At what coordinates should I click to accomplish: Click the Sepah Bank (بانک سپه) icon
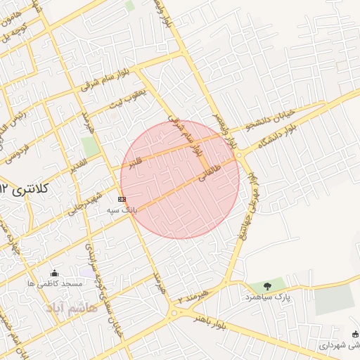coord(124,200)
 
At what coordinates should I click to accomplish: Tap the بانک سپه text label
coord(122,210)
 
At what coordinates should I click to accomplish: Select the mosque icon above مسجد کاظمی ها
coord(55,273)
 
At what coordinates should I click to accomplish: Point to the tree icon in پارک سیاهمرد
coord(267,285)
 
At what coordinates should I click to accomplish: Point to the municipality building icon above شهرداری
coord(354,334)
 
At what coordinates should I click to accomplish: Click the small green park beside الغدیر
coord(90,147)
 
